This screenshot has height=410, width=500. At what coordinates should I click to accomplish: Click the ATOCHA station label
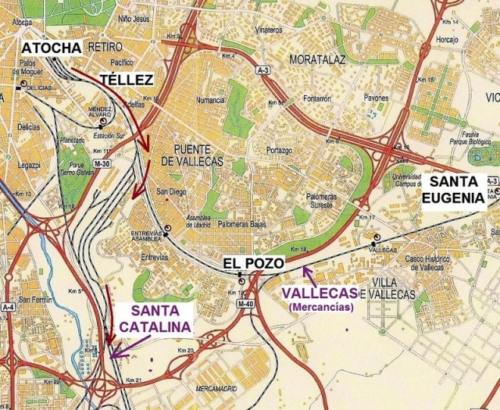51,48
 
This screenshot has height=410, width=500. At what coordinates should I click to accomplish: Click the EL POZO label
248,262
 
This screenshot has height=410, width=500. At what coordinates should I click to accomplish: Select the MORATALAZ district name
318,59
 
